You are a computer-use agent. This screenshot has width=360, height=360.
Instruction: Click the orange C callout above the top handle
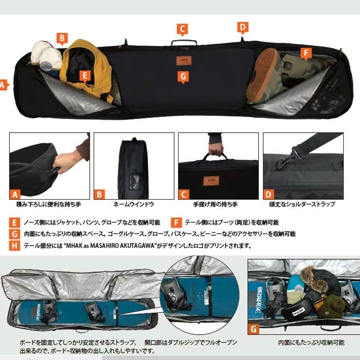point(182,30)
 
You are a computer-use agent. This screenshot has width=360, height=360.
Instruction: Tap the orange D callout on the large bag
point(243,28)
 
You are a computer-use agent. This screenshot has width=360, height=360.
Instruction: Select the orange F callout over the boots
point(306,53)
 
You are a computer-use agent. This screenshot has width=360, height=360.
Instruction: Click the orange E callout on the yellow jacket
point(85,76)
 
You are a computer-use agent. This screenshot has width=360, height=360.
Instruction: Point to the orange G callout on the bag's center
point(183,77)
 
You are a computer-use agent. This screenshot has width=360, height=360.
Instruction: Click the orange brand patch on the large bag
point(184,61)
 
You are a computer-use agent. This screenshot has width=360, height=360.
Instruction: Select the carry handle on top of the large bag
point(184,43)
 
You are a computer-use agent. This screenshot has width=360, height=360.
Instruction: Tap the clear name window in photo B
point(134,181)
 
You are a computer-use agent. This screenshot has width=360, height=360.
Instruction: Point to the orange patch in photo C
point(211,181)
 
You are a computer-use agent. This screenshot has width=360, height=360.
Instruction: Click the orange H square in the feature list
point(14,246)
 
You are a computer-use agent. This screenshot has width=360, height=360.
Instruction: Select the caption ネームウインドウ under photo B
point(133,204)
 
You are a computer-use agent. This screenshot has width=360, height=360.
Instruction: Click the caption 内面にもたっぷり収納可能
point(311,343)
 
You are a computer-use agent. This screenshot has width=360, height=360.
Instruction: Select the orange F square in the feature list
point(177,222)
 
